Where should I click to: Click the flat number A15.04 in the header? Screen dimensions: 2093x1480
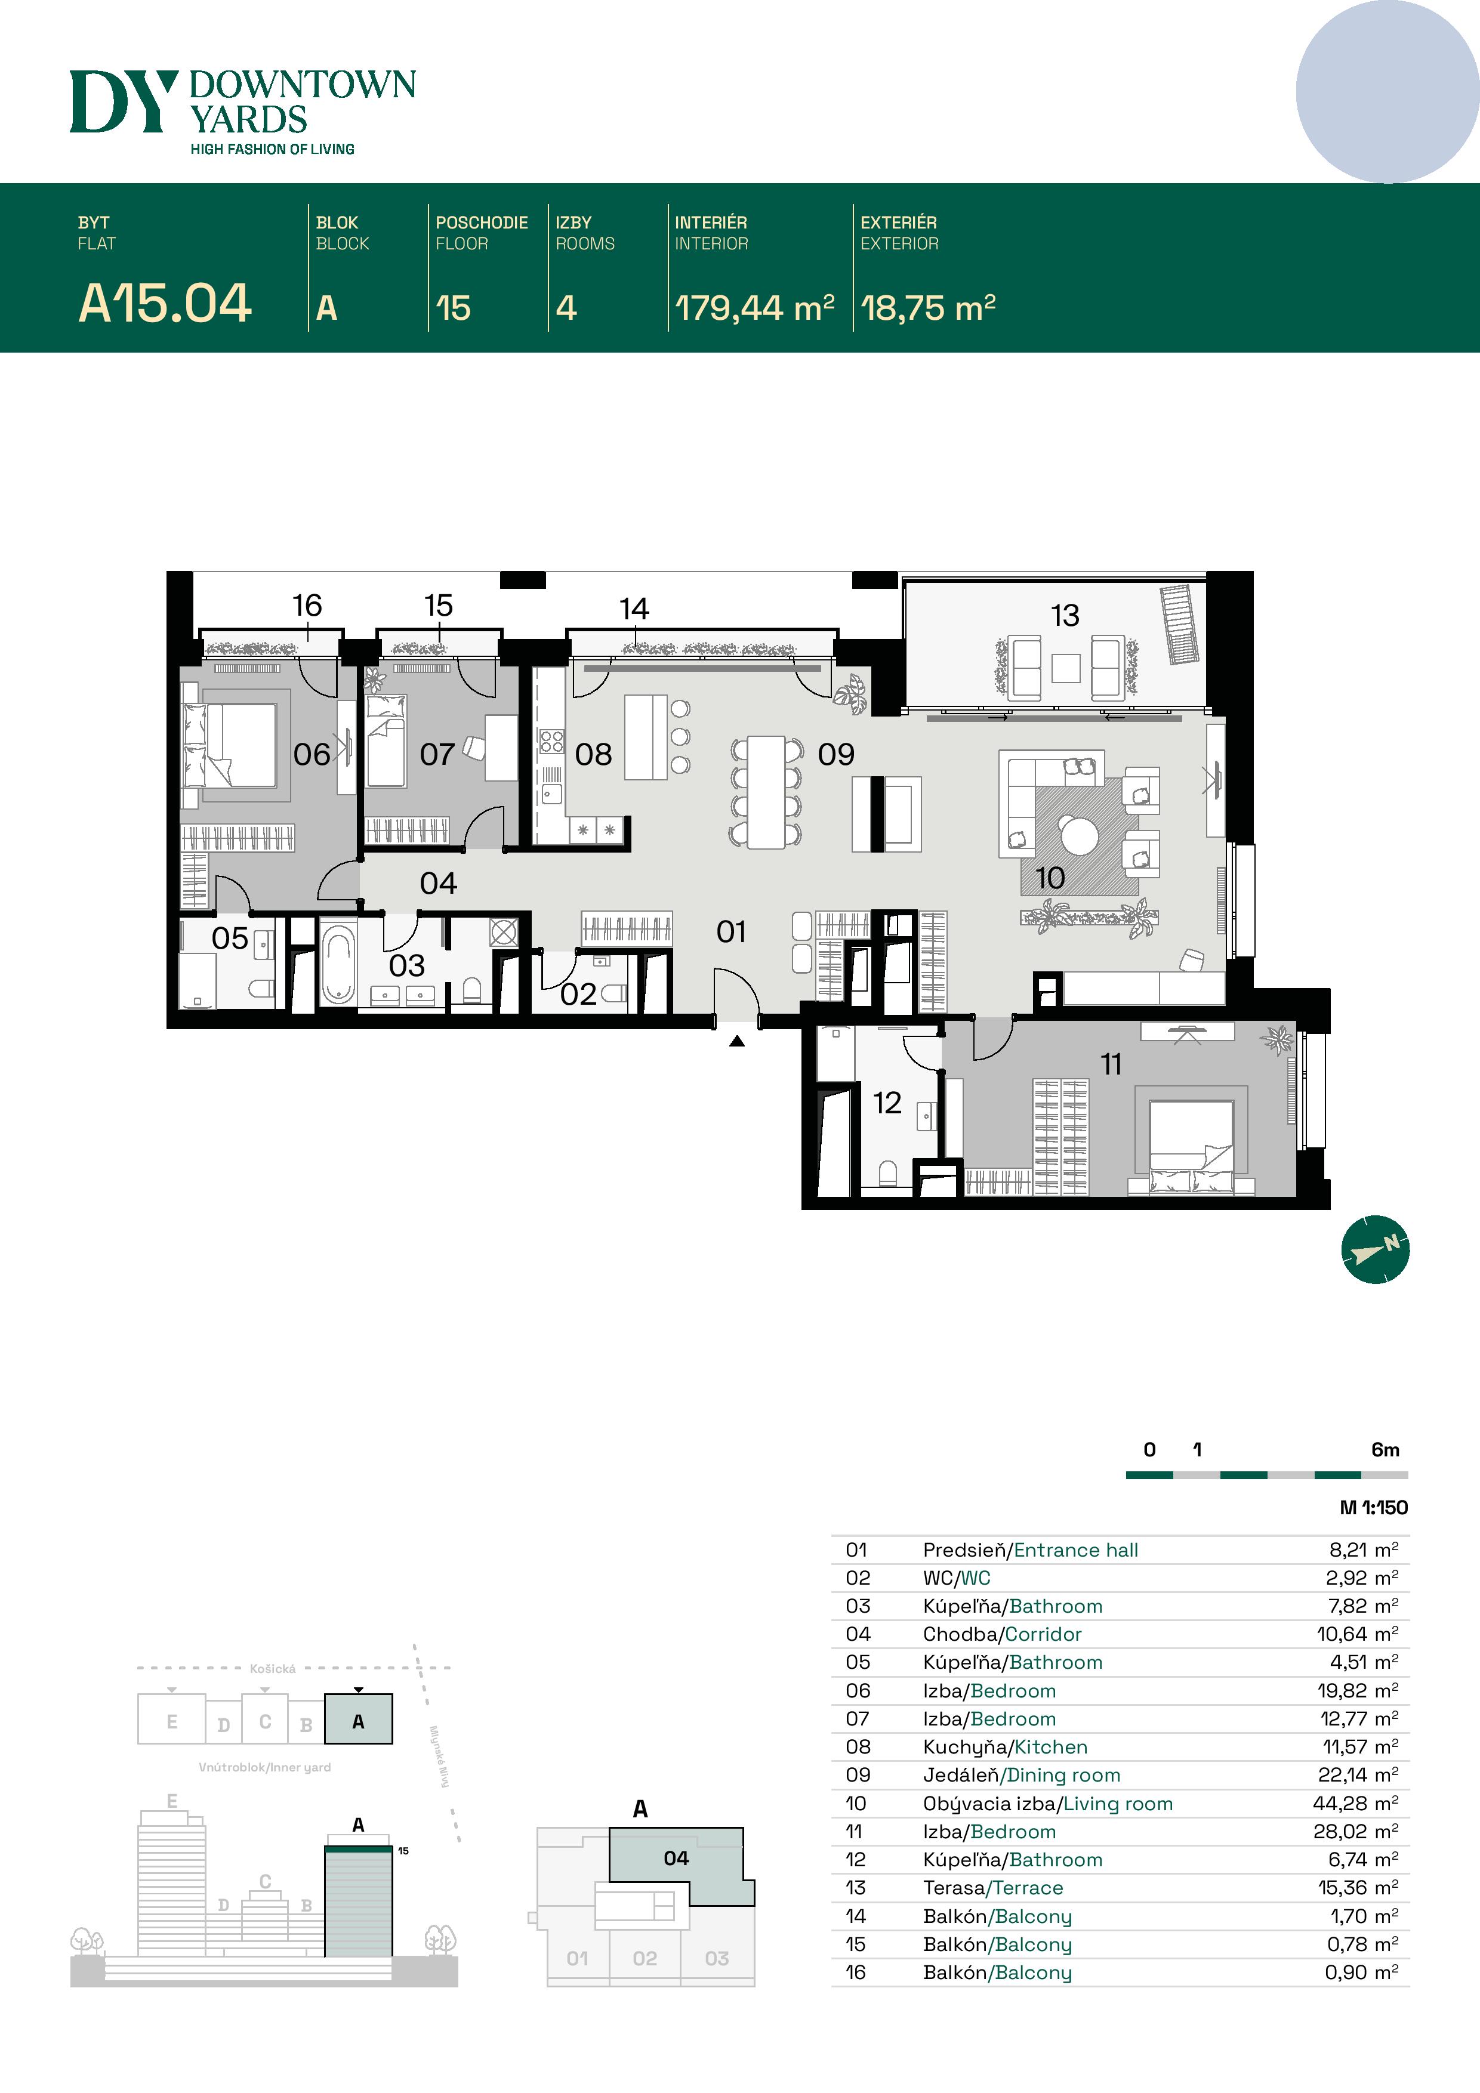(x=165, y=304)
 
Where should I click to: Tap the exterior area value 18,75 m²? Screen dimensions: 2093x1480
(x=927, y=308)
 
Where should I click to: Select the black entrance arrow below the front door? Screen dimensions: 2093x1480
(x=737, y=1040)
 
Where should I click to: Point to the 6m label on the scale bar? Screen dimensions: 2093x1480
(x=1385, y=1449)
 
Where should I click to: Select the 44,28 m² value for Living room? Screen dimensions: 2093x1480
(x=1357, y=1803)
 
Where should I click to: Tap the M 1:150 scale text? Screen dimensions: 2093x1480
(x=1373, y=1508)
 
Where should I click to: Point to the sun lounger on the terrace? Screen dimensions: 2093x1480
(x=1180, y=625)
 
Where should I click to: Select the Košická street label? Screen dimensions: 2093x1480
(x=273, y=1668)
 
